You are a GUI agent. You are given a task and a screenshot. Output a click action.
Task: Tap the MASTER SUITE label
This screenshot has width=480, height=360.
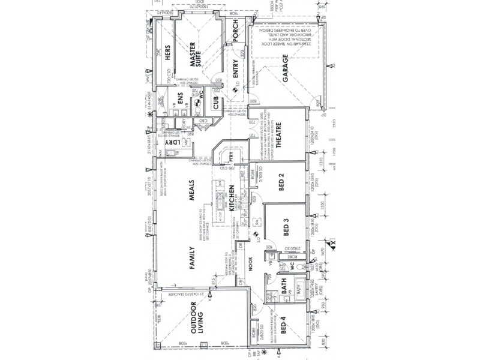[195, 53]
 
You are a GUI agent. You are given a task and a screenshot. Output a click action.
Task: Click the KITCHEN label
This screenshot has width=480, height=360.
[230, 200]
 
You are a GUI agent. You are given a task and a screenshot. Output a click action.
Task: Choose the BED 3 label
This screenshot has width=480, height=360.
[286, 227]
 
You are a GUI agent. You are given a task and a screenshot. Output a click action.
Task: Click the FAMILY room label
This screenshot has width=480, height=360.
[194, 262]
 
